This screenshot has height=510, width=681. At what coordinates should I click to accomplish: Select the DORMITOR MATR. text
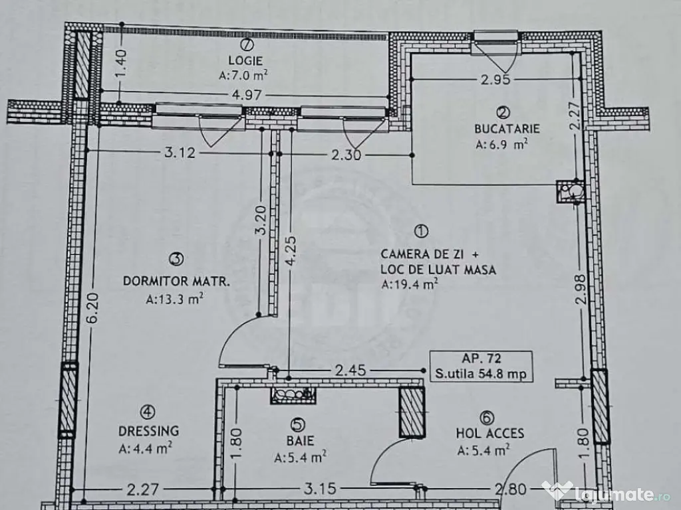176,281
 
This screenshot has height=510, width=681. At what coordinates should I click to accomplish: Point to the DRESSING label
150,431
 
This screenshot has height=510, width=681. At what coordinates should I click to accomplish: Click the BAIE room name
303,440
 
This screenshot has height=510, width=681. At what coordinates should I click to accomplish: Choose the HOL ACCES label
489,434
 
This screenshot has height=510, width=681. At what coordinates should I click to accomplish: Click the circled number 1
421,231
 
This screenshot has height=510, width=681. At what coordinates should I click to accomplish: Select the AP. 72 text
480,359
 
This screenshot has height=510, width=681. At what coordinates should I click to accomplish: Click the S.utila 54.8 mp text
480,374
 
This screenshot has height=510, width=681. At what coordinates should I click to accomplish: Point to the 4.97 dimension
245,95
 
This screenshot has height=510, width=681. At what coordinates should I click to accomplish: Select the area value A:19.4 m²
410,285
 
